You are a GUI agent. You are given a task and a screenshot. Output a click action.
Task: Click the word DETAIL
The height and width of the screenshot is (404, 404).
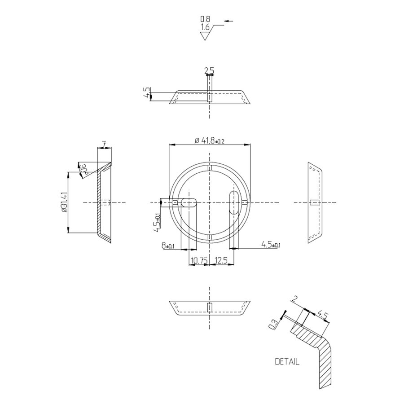click(x=286, y=361)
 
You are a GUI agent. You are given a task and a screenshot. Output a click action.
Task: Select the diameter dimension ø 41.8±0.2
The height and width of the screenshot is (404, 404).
click(x=210, y=141)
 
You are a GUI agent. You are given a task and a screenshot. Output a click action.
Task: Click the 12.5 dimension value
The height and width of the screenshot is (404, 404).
click(x=221, y=260)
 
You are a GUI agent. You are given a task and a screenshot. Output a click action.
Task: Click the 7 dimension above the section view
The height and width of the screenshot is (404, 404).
click(x=104, y=145)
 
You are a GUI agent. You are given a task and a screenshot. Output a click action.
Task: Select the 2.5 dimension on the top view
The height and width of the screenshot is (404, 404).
click(x=209, y=70)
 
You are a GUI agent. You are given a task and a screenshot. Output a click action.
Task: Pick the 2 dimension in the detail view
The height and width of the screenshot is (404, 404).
click(x=294, y=299)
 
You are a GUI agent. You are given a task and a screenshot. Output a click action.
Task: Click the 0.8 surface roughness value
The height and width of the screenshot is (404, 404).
click(x=205, y=19)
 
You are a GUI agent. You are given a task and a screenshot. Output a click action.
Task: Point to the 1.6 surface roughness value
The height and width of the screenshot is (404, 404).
click(x=205, y=27)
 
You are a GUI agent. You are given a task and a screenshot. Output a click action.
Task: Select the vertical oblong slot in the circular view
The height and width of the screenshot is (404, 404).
click(x=233, y=202)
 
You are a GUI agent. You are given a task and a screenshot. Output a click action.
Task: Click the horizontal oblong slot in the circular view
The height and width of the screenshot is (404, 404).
click(x=189, y=202)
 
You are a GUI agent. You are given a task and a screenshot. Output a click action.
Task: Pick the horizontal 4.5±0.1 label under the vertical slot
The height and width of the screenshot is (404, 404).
click(x=271, y=245)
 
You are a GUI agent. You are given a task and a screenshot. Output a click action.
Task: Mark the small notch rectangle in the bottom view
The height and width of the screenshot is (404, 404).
click(x=209, y=307)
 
